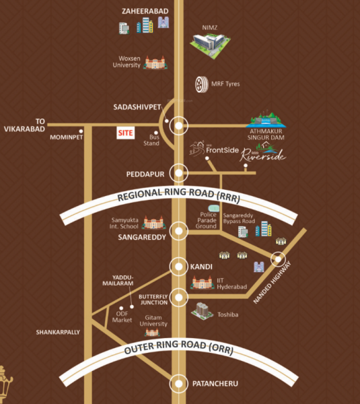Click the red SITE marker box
point(126,133)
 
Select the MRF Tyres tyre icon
point(201,84)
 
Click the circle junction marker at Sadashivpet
point(178,125)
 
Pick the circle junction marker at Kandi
point(178,267)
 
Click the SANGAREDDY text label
point(142,238)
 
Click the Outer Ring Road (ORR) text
point(178,350)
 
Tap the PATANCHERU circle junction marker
point(178,384)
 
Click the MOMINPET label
point(66,137)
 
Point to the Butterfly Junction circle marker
point(178,297)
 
